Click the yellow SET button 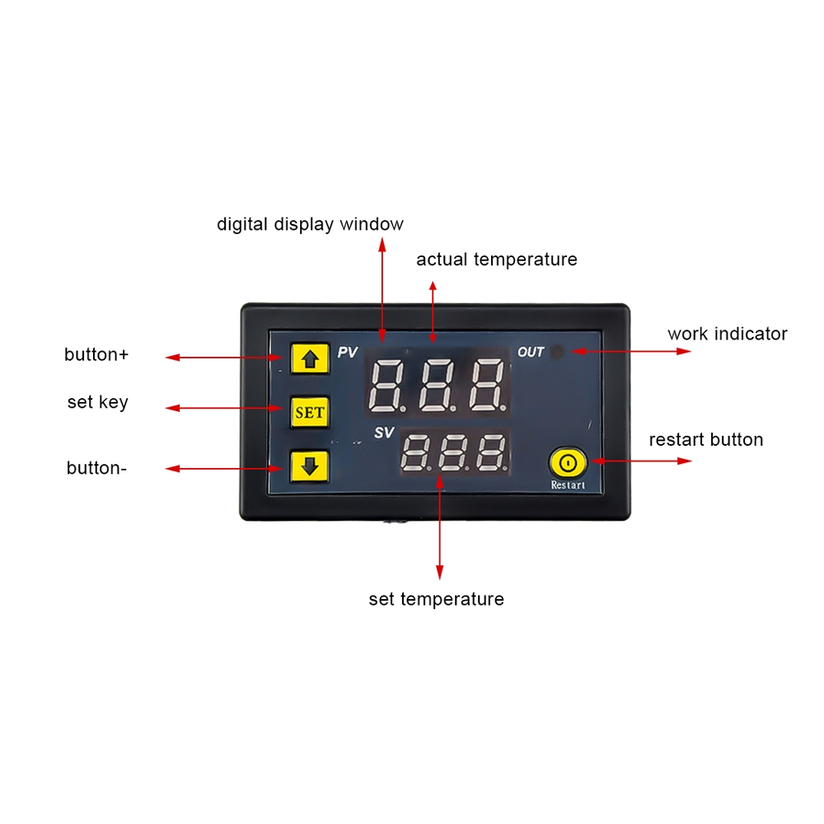tap(310, 412)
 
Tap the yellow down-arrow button tap(310, 466)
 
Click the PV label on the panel tap(348, 352)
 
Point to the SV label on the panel tap(384, 433)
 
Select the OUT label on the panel tap(530, 352)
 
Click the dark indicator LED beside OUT tap(558, 352)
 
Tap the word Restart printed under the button tap(568, 485)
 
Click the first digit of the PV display tap(387, 386)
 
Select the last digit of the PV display tap(488, 386)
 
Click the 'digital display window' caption tap(310, 224)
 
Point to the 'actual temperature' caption tap(497, 260)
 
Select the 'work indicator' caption tap(728, 334)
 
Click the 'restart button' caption tap(706, 439)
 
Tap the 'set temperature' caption tap(436, 599)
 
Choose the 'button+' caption tap(96, 354)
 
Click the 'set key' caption tap(98, 403)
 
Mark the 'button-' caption tap(96, 468)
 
